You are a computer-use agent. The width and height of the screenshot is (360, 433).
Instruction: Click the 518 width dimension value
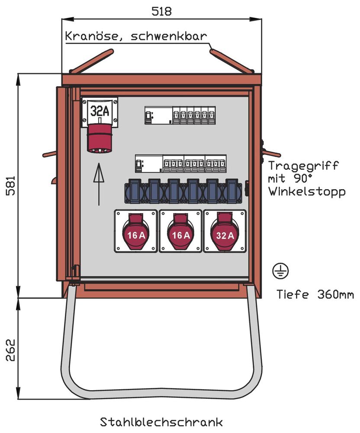pyautogui.click(x=161, y=11)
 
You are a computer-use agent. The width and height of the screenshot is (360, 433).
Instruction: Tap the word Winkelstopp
pyautogui.click(x=307, y=191)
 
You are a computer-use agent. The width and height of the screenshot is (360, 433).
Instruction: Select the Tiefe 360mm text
pyautogui.click(x=315, y=295)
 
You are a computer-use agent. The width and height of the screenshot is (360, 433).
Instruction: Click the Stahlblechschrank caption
pyautogui.click(x=161, y=421)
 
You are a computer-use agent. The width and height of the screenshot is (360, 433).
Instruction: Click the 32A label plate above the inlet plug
pyautogui.click(x=100, y=111)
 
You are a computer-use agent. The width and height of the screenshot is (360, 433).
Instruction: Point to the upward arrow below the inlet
pyautogui.click(x=99, y=184)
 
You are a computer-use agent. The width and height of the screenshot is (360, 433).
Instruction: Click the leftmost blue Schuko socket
pyautogui.click(x=134, y=191)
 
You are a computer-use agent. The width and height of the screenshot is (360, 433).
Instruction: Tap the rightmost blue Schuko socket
pyautogui.click(x=232, y=191)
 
